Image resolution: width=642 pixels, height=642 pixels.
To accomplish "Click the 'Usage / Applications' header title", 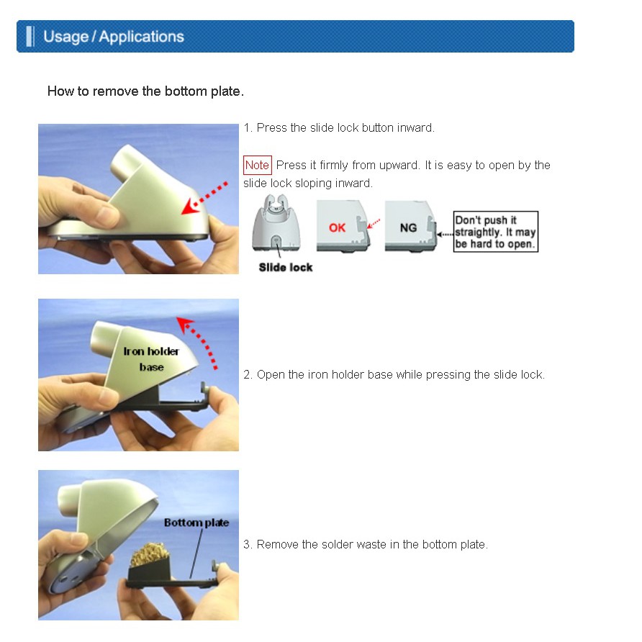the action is pyautogui.click(x=114, y=37).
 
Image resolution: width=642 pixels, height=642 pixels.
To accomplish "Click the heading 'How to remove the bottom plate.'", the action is pyautogui.click(x=145, y=91).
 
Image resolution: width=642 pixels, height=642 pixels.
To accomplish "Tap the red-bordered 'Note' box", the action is pyautogui.click(x=257, y=165).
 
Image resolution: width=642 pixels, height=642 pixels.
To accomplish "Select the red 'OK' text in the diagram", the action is pyautogui.click(x=337, y=227).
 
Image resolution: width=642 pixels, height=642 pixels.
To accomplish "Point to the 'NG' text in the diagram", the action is pyautogui.click(x=408, y=227).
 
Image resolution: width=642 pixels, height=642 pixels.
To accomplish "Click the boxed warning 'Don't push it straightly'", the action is pyautogui.click(x=495, y=232).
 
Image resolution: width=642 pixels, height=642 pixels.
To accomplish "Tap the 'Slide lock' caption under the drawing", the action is pyautogui.click(x=286, y=267).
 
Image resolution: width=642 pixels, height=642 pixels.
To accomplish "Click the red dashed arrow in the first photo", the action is pyautogui.click(x=204, y=198).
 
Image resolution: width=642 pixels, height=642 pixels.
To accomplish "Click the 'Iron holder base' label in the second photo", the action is pyautogui.click(x=151, y=358).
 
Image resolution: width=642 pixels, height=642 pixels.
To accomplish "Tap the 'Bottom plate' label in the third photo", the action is pyautogui.click(x=196, y=523).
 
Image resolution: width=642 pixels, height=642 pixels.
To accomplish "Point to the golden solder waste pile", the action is pyautogui.click(x=149, y=555).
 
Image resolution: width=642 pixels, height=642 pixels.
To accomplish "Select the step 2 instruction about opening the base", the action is pyautogui.click(x=394, y=375).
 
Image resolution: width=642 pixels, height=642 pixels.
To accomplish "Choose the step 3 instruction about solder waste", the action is pyautogui.click(x=365, y=544).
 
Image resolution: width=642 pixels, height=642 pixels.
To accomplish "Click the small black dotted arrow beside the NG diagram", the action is pyautogui.click(x=445, y=235).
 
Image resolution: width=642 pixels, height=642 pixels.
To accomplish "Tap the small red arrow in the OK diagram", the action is pyautogui.click(x=374, y=224).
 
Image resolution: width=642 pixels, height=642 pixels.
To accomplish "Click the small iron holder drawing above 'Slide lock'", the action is pyautogui.click(x=276, y=222).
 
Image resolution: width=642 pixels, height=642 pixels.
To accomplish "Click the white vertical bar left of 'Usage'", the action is pyautogui.click(x=30, y=37).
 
